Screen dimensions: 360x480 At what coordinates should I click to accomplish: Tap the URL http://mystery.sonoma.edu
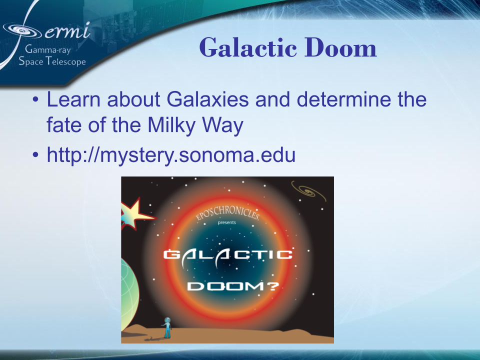point(171,155)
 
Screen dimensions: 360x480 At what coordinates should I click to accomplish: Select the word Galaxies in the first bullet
point(207,99)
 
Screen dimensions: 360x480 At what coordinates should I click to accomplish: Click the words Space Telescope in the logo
point(52,62)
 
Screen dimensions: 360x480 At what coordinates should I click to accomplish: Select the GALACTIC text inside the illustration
point(227,255)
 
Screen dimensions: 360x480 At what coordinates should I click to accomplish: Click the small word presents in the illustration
point(226,222)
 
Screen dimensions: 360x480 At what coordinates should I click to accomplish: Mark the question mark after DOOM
point(273,286)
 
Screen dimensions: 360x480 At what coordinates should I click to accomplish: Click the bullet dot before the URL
point(35,156)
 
